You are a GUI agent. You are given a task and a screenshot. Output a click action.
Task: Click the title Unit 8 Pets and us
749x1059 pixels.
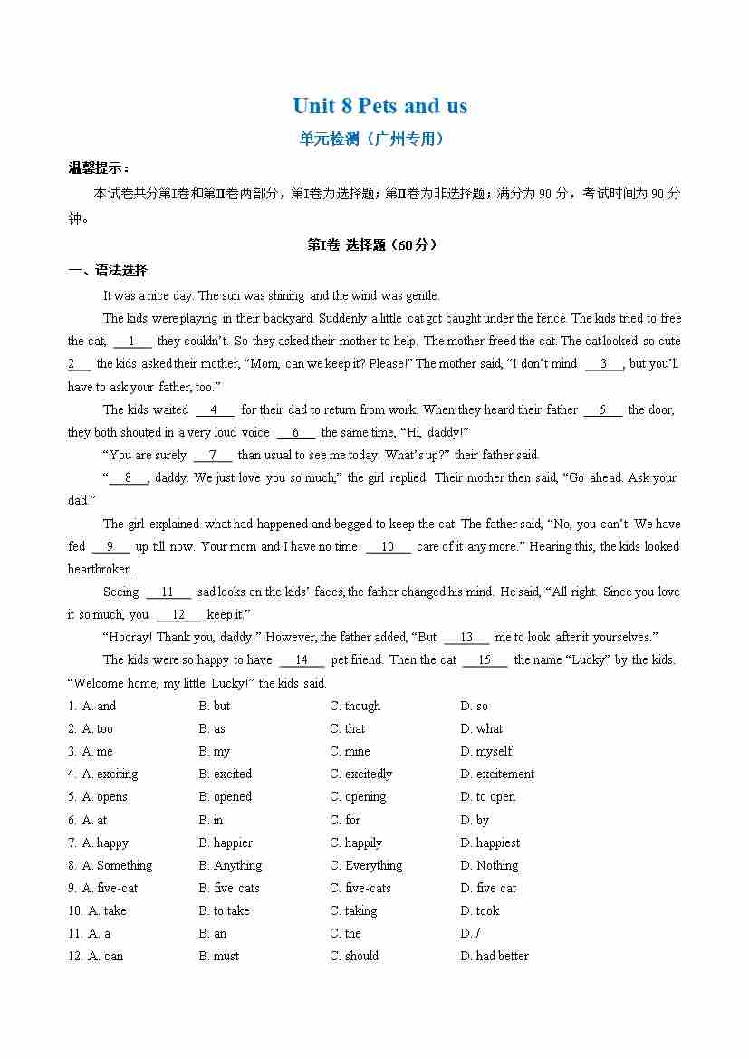tap(379, 106)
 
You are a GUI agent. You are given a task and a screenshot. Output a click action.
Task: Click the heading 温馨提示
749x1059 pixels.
tap(99, 168)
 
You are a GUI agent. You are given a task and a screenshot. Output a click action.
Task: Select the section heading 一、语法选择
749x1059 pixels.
tap(108, 270)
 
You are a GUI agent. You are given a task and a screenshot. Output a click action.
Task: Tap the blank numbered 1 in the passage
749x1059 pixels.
tap(133, 342)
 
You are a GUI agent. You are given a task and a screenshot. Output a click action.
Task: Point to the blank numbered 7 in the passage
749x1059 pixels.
tap(213, 456)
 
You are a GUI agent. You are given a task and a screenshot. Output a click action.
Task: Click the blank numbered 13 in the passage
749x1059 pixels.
tap(466, 638)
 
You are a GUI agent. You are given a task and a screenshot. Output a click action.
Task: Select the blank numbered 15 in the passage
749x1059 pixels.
tap(485, 660)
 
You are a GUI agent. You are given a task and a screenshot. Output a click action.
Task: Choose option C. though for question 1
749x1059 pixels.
tap(355, 707)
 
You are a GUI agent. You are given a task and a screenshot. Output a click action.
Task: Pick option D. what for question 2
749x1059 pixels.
tap(481, 729)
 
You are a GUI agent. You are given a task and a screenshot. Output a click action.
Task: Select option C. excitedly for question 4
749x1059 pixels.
tap(360, 775)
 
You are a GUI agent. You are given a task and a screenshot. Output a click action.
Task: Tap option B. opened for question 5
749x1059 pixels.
tap(226, 797)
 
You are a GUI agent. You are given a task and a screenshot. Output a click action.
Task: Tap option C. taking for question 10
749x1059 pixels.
tap(353, 911)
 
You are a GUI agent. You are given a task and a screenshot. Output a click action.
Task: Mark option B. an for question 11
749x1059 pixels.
tap(213, 934)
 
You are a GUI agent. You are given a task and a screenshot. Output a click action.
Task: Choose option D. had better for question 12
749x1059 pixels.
tap(494, 957)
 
